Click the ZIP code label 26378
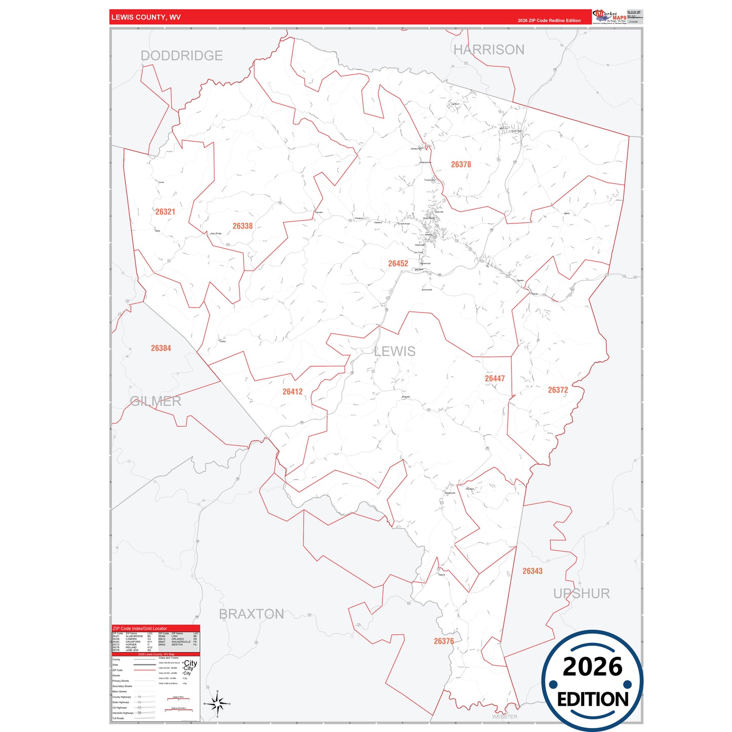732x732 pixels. (x=461, y=165)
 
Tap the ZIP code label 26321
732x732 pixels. (x=165, y=212)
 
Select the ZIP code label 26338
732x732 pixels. (x=243, y=226)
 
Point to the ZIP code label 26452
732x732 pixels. (x=398, y=263)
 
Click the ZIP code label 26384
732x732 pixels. (x=161, y=348)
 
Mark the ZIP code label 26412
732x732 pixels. (x=293, y=392)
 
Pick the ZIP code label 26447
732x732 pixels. (x=495, y=378)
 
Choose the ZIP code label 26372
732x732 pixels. (x=558, y=390)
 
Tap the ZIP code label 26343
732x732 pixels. (x=532, y=571)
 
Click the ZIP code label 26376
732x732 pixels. (x=444, y=641)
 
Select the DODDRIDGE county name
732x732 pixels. (x=182, y=56)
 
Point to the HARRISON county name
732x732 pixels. (x=489, y=50)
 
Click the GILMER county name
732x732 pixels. (x=156, y=401)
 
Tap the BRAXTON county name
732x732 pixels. (x=251, y=614)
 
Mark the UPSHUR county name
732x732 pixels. (x=582, y=594)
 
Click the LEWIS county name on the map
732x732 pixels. (x=395, y=351)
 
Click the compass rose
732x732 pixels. (x=217, y=704)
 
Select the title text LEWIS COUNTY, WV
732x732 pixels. (x=146, y=17)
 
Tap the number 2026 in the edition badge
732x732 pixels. (x=592, y=667)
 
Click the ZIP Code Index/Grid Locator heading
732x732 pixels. (x=140, y=628)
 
